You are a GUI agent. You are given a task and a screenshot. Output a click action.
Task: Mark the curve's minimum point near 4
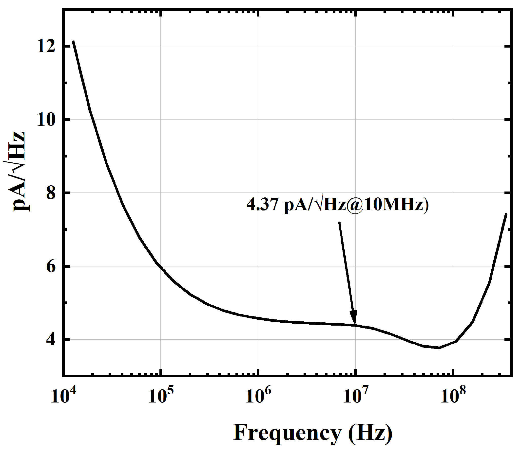click(x=439, y=348)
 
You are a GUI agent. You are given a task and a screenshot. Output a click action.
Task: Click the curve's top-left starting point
click(x=73, y=41)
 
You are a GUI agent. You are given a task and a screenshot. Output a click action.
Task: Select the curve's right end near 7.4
click(x=506, y=214)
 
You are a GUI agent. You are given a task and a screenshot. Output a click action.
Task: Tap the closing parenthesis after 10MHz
click(x=426, y=205)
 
